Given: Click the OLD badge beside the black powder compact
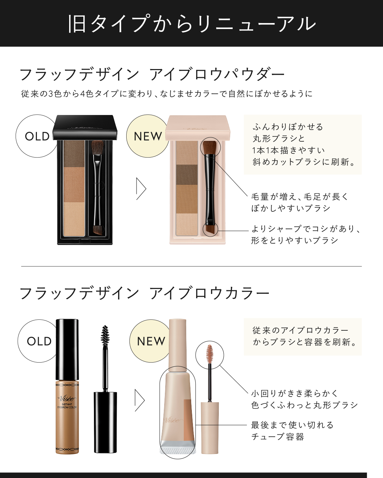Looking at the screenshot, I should click(37, 136).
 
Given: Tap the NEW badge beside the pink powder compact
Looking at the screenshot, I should click(148, 136).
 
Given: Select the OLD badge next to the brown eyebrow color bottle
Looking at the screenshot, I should click(39, 341).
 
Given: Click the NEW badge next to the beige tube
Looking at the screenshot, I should click(151, 341).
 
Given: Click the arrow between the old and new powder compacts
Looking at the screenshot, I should click(141, 189).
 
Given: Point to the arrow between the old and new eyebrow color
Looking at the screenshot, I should click(140, 400).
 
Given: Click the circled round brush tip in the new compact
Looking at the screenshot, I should click(210, 147).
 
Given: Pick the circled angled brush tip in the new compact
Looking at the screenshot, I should click(210, 229).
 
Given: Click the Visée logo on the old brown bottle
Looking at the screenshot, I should click(67, 398).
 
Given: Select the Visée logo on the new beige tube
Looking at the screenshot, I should click(172, 420).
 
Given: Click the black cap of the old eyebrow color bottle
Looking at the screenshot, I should click(67, 349).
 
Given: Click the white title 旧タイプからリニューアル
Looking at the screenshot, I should click(191, 24).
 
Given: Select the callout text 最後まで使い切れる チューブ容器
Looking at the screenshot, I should click(293, 431).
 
